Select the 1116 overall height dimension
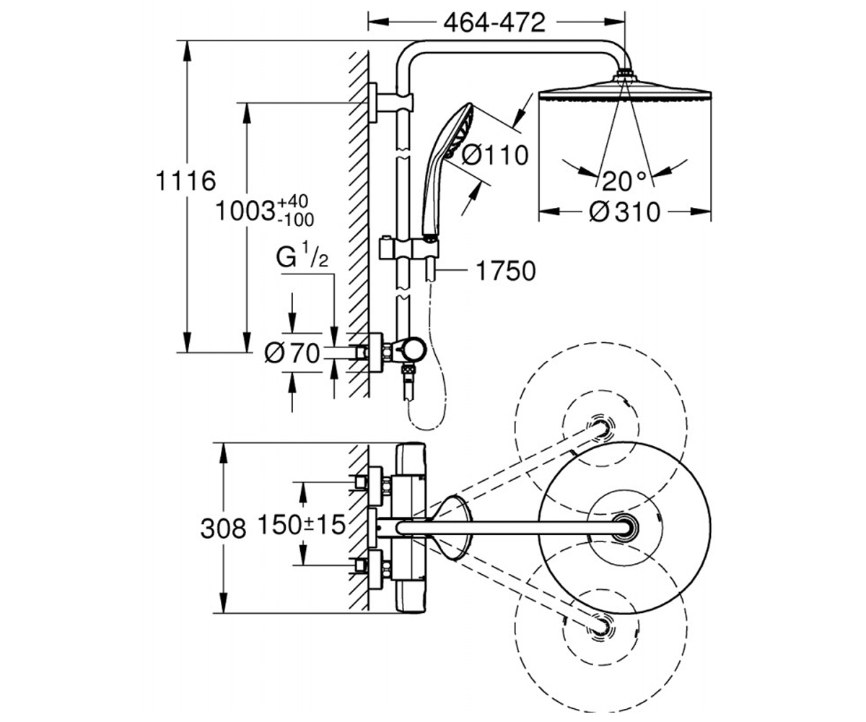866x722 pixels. tap(185, 180)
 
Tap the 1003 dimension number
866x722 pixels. tap(245, 212)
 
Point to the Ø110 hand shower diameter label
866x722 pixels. tap(495, 156)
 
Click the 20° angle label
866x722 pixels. tap(624, 181)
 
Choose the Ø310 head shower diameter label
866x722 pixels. tap(625, 212)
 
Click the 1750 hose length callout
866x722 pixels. tap(506, 271)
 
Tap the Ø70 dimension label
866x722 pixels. tap(292, 354)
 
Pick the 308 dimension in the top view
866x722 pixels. tap(223, 529)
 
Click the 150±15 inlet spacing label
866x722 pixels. tap(302, 524)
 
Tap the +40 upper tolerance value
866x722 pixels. tap(293, 201)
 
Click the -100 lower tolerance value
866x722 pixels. tap(295, 219)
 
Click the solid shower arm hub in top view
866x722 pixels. tap(626, 528)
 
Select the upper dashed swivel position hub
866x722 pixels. tap(600, 428)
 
